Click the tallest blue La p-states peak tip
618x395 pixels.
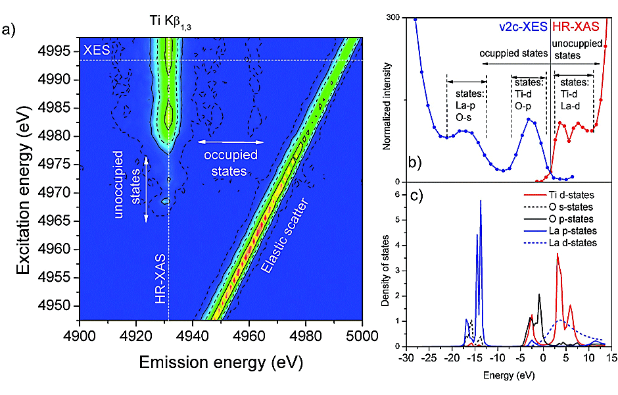[481, 201]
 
